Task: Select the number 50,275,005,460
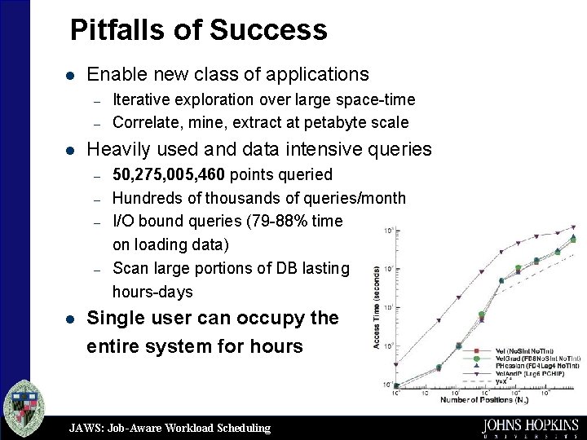click(x=170, y=174)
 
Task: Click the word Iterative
click(x=143, y=100)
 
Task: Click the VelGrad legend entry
click(x=537, y=358)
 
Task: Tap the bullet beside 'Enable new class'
click(x=70, y=75)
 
